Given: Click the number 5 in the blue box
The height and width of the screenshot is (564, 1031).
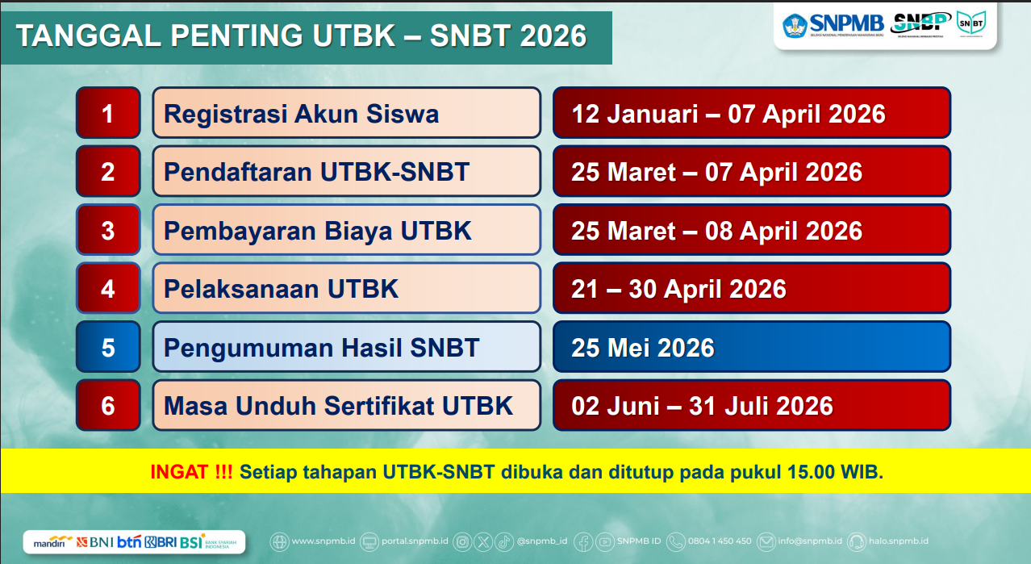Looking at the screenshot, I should [x=108, y=348].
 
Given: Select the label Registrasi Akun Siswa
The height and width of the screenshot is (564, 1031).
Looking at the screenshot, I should [x=301, y=114].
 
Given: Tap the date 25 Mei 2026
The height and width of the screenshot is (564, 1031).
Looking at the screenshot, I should [x=643, y=348].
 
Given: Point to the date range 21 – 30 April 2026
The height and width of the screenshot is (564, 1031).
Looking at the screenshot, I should [x=678, y=289].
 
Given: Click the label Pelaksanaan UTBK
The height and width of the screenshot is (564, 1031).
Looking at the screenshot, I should [x=281, y=289].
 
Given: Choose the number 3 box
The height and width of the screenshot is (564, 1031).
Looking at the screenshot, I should [x=108, y=231].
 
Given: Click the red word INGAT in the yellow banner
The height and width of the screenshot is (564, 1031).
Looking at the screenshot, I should [x=179, y=472].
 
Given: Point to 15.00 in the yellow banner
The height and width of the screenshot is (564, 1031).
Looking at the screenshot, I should [x=806, y=472].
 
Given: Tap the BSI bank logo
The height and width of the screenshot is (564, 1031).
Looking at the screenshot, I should [x=193, y=541].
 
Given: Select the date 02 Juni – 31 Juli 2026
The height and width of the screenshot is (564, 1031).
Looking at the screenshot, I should [x=702, y=406].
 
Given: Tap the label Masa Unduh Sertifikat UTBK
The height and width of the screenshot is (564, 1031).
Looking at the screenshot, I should [x=338, y=406].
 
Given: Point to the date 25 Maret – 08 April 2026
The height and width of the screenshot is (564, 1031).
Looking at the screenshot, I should [x=716, y=231].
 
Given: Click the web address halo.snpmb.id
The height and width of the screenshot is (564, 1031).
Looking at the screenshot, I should [x=899, y=541].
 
